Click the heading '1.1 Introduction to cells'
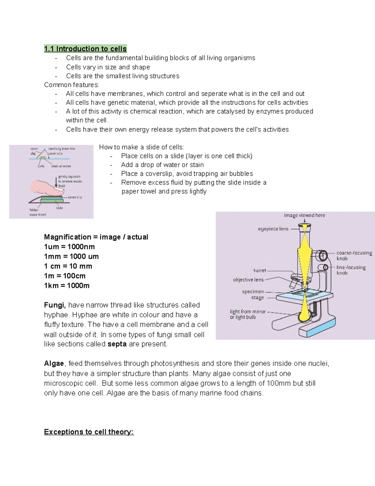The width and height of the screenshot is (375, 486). coord(85,49)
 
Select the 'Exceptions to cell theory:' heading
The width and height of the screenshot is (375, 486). coord(89,432)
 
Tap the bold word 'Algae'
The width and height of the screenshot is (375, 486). coord(54,364)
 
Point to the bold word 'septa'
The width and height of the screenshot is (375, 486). coord(117,344)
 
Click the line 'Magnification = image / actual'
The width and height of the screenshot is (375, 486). coord(96,237)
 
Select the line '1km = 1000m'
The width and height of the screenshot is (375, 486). coord(67,285)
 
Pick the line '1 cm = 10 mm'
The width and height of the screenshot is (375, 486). coord(68,266)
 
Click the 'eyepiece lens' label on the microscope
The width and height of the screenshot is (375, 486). coord(273,229)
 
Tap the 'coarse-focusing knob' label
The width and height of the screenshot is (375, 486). coord(354,255)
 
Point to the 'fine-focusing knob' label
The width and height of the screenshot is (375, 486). coord(351,270)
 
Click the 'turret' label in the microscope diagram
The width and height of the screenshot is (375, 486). coord(260,270)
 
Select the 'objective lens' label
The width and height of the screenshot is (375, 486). coord(248,280)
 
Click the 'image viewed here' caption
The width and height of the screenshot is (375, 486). coord(304,215)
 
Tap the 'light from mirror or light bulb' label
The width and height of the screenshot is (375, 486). coord(247,314)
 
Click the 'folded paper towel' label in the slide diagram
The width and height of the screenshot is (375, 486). coord(37,212)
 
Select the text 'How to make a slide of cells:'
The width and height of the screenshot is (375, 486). coord(142,147)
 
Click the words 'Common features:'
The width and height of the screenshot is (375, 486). coord(71,85)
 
